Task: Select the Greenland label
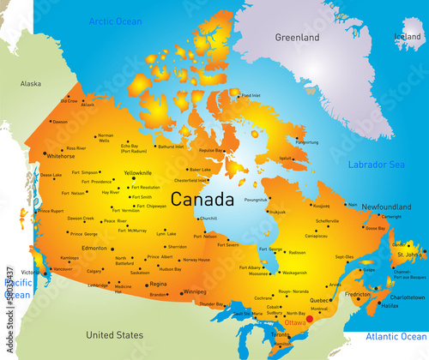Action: tap(297, 38)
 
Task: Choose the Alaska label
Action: tap(31, 84)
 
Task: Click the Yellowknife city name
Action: tap(138, 172)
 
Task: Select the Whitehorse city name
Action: tap(61, 157)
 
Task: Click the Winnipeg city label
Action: tap(195, 291)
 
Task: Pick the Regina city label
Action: tap(158, 284)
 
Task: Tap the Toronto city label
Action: tap(281, 346)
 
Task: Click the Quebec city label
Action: tap(319, 300)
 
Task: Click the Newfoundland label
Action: tap(386, 207)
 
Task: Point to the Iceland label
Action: tap(408, 37)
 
